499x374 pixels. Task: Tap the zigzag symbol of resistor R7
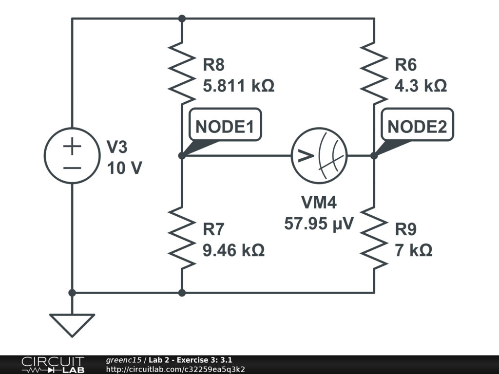coord(181,237)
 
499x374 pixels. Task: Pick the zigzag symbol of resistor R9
coord(374,237)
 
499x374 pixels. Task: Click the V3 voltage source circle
coord(72,156)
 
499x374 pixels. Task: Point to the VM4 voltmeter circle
coord(319,156)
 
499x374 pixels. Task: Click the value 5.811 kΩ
coord(238,86)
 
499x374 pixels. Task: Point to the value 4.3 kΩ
coord(421,86)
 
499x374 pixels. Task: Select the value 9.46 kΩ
coord(233,251)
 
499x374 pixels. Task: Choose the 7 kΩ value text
coord(413,251)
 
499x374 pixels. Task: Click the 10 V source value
coord(124,168)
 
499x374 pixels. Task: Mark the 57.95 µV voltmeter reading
coord(319,224)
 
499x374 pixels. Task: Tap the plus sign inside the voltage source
coord(72,147)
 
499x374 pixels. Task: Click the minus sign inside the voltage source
coord(72,167)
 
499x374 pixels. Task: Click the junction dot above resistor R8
coord(182,19)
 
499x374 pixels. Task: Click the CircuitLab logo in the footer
coord(53,365)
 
